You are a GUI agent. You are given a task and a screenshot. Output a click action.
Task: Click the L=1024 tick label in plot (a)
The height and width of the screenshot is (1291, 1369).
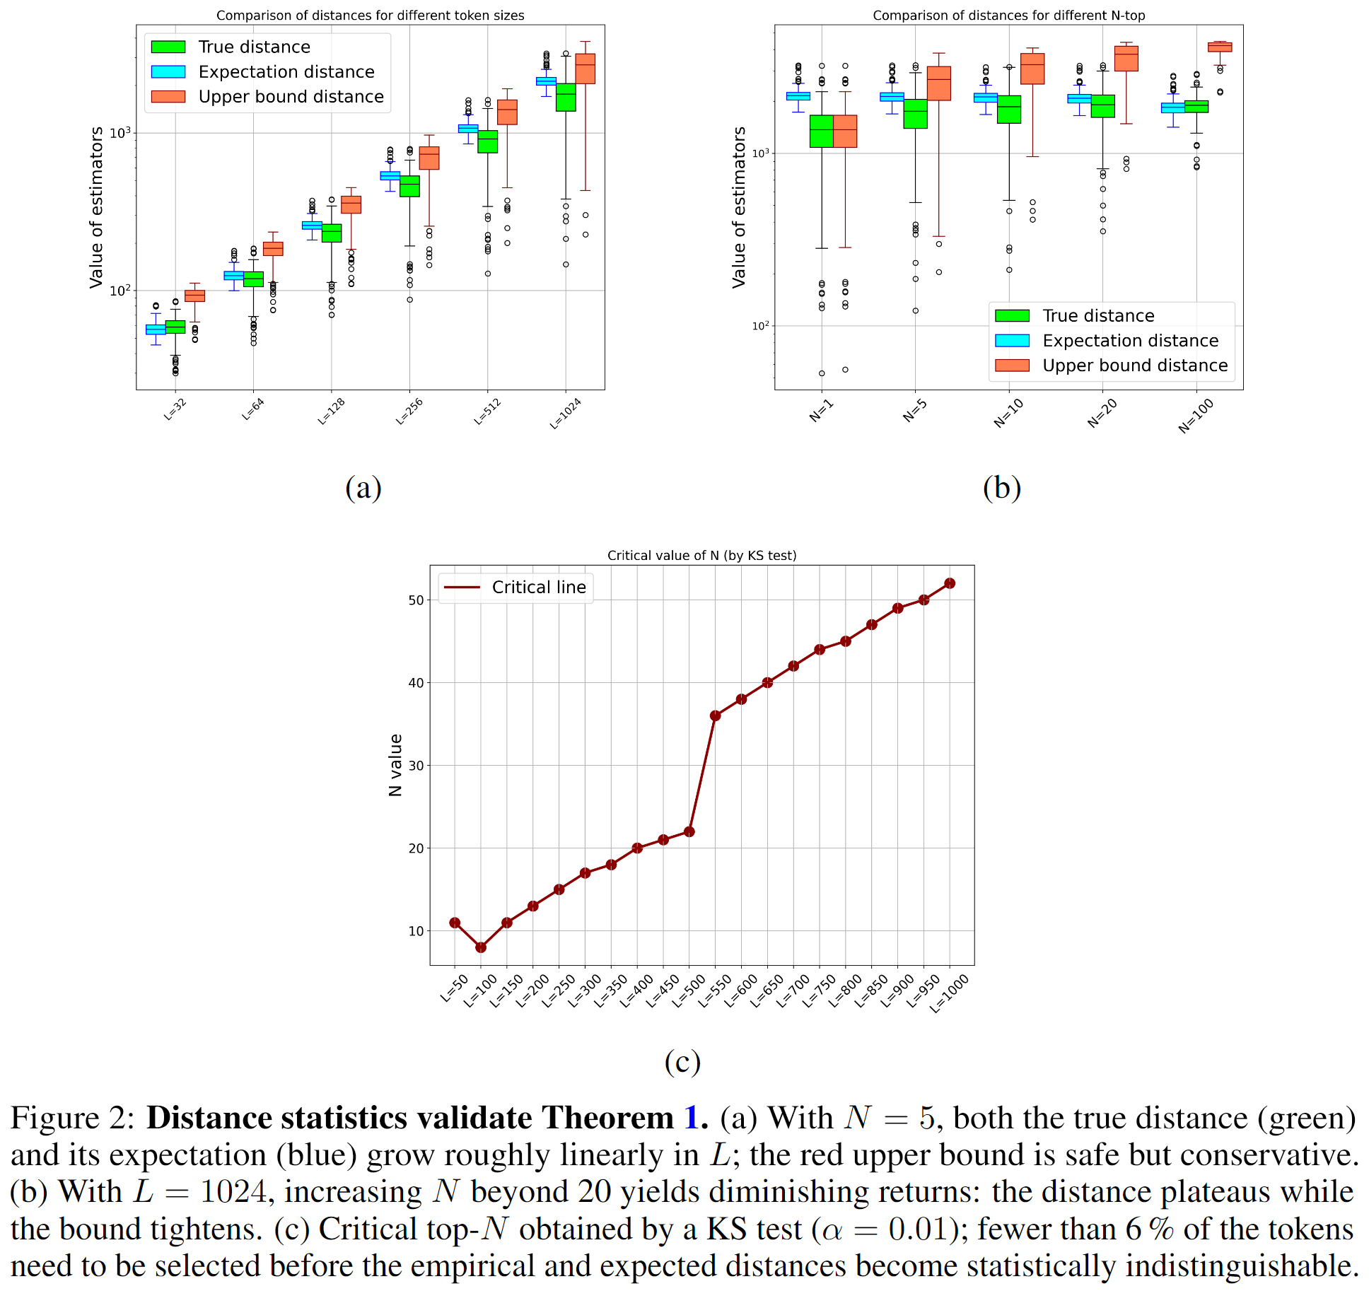[566, 414]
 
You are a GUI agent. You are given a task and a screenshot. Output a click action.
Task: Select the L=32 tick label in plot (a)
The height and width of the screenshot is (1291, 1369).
[175, 409]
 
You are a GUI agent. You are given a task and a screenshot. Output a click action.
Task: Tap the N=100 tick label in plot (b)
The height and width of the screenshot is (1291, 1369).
[1196, 416]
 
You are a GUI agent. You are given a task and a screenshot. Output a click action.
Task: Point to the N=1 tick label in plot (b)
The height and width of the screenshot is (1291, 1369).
[822, 411]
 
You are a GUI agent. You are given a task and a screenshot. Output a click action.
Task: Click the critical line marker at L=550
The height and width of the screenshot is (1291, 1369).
[715, 716]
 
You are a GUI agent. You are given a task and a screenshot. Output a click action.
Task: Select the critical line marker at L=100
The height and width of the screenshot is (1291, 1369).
[481, 947]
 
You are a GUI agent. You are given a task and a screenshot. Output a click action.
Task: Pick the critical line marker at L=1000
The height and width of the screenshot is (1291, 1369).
[950, 583]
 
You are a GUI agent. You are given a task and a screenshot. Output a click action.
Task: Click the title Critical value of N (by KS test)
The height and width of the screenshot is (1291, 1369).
[701, 556]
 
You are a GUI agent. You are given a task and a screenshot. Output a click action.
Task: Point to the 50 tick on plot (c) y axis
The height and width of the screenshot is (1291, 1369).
[416, 600]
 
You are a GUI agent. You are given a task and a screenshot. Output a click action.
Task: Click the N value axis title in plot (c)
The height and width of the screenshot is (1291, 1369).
[396, 765]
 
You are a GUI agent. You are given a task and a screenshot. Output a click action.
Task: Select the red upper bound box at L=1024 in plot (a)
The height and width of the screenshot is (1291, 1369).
[586, 69]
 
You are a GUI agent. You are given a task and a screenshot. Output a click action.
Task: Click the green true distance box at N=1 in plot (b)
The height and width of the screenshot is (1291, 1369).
[821, 132]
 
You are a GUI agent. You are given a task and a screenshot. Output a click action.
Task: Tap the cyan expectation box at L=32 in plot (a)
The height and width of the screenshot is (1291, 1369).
[156, 330]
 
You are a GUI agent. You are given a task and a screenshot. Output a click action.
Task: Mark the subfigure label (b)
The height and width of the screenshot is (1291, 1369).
[1001, 488]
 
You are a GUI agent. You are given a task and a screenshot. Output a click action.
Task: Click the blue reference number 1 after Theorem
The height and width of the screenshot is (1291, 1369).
[692, 1118]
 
